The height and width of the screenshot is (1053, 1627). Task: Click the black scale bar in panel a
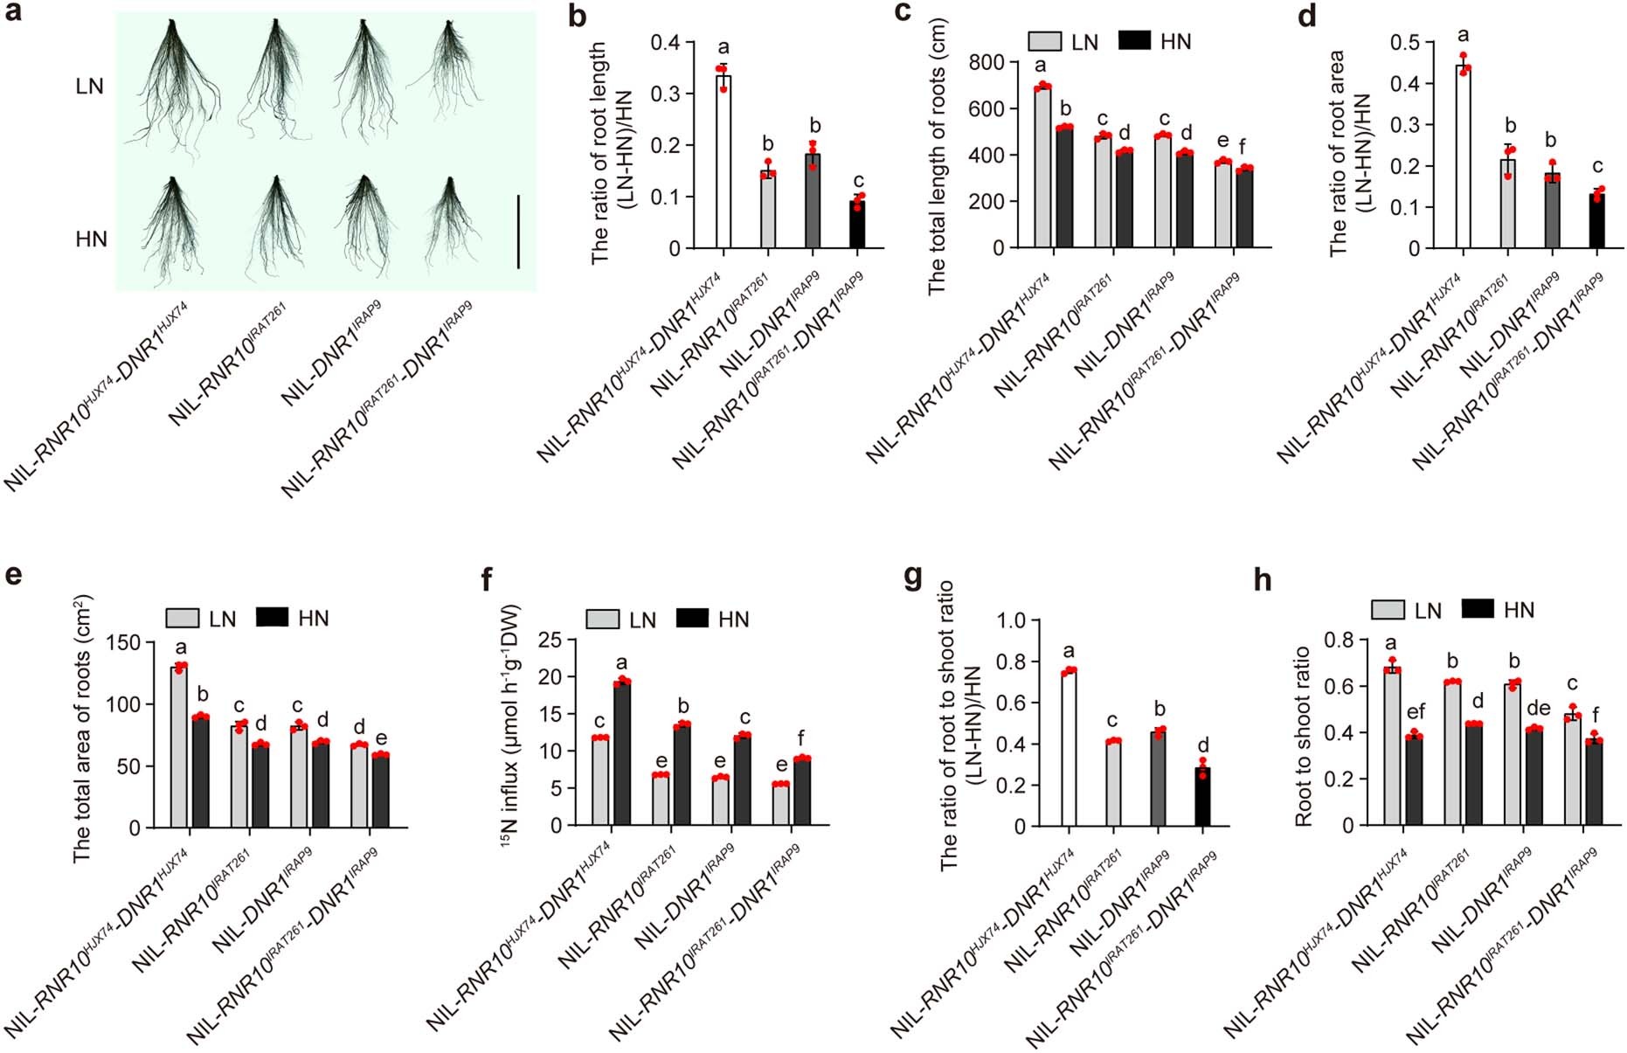click(518, 232)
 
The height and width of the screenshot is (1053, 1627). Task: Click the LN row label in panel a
click(89, 87)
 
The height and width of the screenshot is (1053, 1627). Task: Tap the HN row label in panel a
click(91, 239)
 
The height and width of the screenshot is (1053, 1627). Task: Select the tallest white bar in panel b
click(723, 162)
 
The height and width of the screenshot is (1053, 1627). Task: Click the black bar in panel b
click(858, 225)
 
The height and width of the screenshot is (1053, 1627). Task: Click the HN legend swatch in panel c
click(1134, 40)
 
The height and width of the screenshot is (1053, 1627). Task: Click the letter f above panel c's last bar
click(1242, 147)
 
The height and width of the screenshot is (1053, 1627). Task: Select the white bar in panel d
click(1463, 157)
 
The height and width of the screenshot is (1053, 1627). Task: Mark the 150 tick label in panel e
click(123, 643)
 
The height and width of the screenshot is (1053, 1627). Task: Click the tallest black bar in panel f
click(622, 753)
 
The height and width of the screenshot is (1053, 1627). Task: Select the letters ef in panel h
click(1416, 712)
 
